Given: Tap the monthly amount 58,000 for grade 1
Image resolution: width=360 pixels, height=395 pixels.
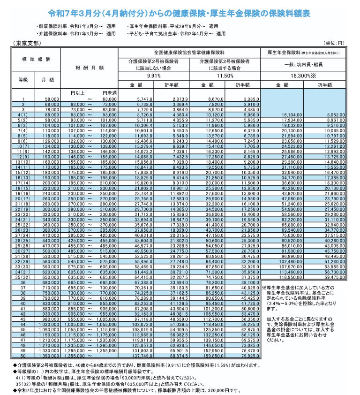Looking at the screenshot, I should (50, 99).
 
